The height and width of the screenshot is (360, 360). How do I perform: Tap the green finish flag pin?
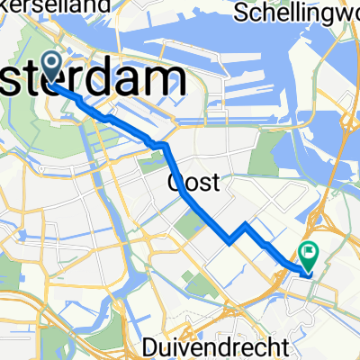[309, 256]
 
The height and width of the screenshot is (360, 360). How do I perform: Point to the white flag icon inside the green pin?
[309, 252]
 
